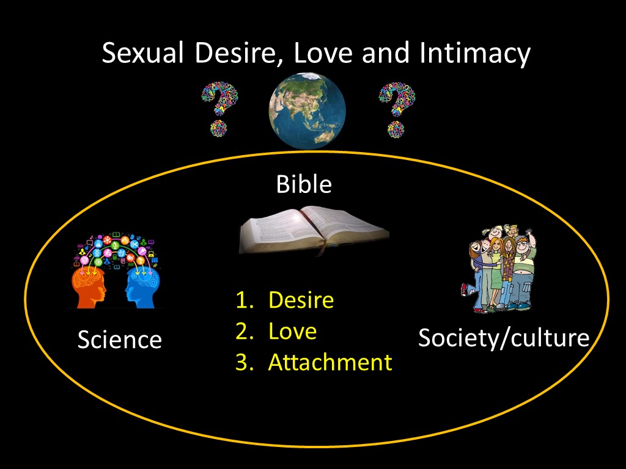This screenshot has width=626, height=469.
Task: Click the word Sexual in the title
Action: click(143, 53)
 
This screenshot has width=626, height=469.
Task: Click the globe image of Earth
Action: click(307, 111)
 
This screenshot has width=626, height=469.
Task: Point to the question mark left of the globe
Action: click(219, 109)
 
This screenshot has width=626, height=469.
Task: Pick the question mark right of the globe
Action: click(397, 109)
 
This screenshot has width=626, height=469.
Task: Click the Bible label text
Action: click(304, 184)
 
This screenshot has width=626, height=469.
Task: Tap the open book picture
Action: click(314, 230)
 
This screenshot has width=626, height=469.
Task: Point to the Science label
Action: click(120, 340)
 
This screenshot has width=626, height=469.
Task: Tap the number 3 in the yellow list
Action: click(242, 362)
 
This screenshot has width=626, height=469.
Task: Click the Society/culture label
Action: click(504, 338)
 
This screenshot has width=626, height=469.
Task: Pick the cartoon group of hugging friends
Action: click(499, 269)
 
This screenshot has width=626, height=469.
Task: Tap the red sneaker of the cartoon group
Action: click(465, 289)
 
